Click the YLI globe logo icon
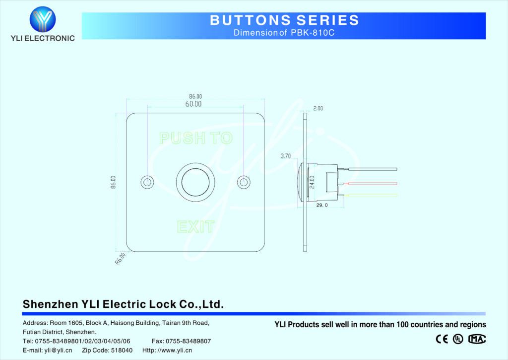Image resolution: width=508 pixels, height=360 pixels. [x=43, y=19]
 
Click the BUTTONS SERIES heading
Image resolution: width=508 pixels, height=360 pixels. [x=284, y=20]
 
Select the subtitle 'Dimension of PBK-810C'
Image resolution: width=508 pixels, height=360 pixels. [x=284, y=33]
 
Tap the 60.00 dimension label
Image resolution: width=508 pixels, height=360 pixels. [x=193, y=104]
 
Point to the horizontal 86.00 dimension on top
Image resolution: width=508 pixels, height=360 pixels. [x=195, y=96]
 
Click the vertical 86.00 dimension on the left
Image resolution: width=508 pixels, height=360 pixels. [x=113, y=182]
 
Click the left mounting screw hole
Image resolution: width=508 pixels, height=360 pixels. [x=146, y=182]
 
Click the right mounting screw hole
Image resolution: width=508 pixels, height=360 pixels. [x=243, y=182]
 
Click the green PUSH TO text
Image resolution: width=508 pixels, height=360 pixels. [x=195, y=138]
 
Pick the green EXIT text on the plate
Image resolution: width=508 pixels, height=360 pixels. [x=195, y=227]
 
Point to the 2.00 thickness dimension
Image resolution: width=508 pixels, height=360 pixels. [x=318, y=108]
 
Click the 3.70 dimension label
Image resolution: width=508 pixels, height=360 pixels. [x=285, y=156]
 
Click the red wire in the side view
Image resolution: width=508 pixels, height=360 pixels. [x=372, y=182]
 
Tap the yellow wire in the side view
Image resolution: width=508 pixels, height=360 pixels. [x=372, y=195]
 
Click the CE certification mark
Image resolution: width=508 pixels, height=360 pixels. [x=442, y=339]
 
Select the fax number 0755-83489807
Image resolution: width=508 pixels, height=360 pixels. [x=181, y=341]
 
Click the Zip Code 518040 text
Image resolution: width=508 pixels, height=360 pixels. [x=107, y=350]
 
